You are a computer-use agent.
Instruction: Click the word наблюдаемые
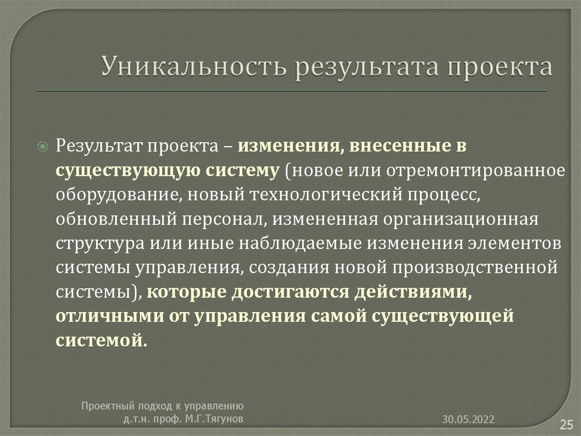pyautogui.click(x=300, y=244)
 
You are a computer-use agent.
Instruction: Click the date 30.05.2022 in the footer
pyautogui.click(x=469, y=419)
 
